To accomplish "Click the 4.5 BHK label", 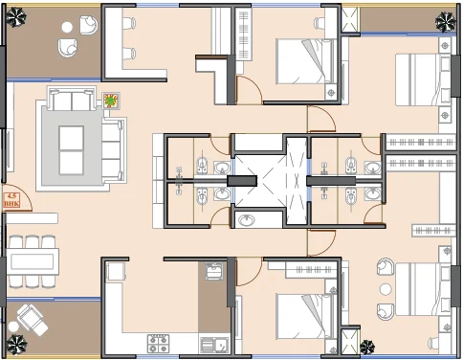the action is (x=11, y=200).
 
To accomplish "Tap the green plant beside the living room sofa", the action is (x=111, y=101).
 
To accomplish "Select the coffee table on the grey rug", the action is (x=71, y=150).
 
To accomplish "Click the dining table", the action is (x=33, y=261).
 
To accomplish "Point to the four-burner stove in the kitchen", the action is (x=158, y=344).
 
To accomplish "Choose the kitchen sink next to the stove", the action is (x=214, y=345).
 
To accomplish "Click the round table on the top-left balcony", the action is (x=67, y=28).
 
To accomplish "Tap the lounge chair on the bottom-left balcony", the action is (x=33, y=320).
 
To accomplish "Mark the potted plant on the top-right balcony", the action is (x=445, y=22).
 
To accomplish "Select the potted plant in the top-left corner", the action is (x=16, y=17).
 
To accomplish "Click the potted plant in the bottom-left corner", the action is (x=17, y=345).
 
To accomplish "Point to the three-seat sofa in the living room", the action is (x=114, y=150).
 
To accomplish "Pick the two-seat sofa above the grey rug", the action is (x=72, y=98).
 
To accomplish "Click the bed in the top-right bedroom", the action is (x=423, y=79).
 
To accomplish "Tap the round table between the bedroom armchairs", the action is (x=386, y=289).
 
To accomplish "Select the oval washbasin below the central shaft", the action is (x=246, y=220).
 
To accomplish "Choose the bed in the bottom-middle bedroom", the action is (x=305, y=317).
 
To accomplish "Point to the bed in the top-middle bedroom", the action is (x=305, y=61).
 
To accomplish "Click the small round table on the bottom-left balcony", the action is (x=13, y=326).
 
